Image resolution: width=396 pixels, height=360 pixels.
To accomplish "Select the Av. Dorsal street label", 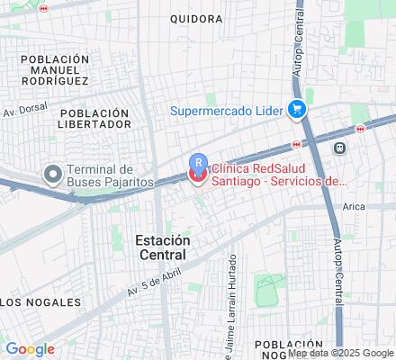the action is [x=24, y=112].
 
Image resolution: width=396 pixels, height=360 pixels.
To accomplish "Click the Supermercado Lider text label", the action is [x=227, y=111].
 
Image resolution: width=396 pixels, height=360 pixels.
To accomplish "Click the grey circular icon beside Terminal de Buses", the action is [x=53, y=173].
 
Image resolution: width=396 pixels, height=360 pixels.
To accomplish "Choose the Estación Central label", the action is [x=163, y=247].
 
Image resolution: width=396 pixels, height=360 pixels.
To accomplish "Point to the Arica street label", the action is [x=354, y=206].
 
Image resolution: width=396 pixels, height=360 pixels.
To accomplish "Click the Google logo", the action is [x=30, y=349].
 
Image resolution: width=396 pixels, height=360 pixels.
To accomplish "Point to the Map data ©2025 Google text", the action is [x=340, y=353].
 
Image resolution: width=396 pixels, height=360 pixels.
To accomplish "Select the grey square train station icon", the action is [x=339, y=148].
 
